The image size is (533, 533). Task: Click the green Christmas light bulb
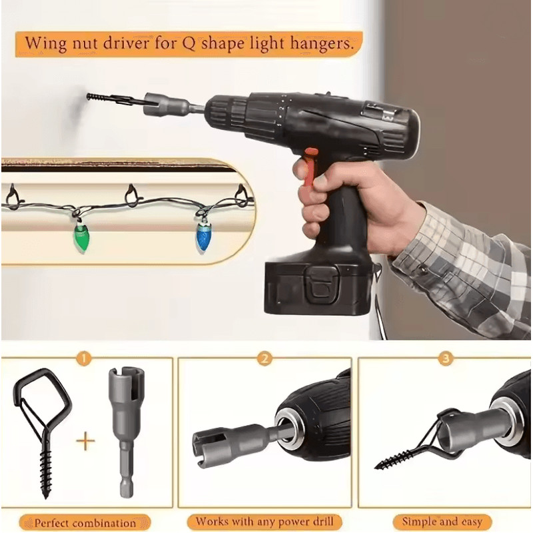pyautogui.click(x=80, y=237)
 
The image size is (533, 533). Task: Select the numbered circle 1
pyautogui.click(x=84, y=359)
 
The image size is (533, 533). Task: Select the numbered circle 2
pyautogui.click(x=265, y=359)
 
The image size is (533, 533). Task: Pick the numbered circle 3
pyautogui.click(x=444, y=359)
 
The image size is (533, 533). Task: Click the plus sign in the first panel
pyautogui.click(x=85, y=442)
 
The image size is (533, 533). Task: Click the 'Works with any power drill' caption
pyautogui.click(x=265, y=521)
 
